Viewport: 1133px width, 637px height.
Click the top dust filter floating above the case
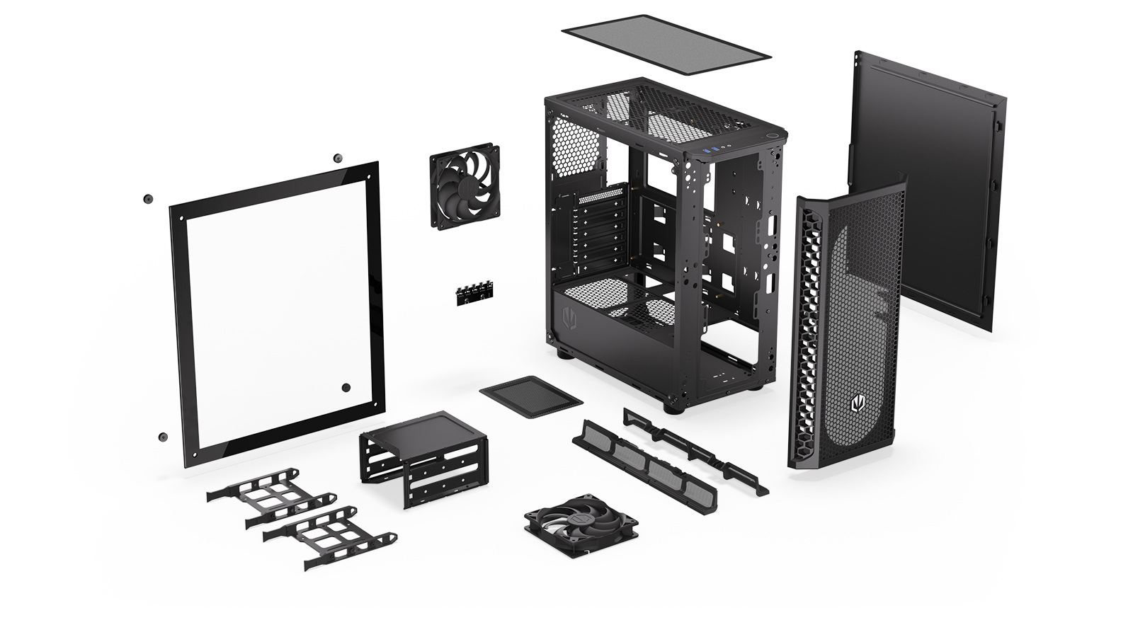point(666,44)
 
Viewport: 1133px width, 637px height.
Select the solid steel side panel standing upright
point(928,184)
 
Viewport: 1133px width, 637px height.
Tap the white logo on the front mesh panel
point(858,404)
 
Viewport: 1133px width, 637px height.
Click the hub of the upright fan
point(464,187)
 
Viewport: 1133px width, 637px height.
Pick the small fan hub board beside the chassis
point(474,292)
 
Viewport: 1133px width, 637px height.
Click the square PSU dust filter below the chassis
point(530,397)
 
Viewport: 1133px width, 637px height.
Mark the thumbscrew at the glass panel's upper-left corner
point(148,198)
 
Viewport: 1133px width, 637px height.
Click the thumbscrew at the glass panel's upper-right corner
point(336,157)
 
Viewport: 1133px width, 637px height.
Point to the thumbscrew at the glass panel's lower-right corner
point(346,387)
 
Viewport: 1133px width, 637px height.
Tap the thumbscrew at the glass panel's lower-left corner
point(163,437)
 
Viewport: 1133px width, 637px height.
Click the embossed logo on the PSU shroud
point(569,318)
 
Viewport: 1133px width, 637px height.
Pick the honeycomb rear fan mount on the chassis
point(574,147)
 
